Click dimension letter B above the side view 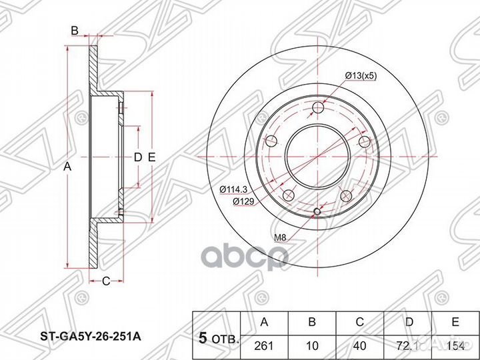click(x=75, y=30)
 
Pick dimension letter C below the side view click(x=105, y=281)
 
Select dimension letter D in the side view click(x=136, y=157)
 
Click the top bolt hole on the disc click(x=318, y=107)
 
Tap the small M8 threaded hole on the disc click(x=317, y=213)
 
